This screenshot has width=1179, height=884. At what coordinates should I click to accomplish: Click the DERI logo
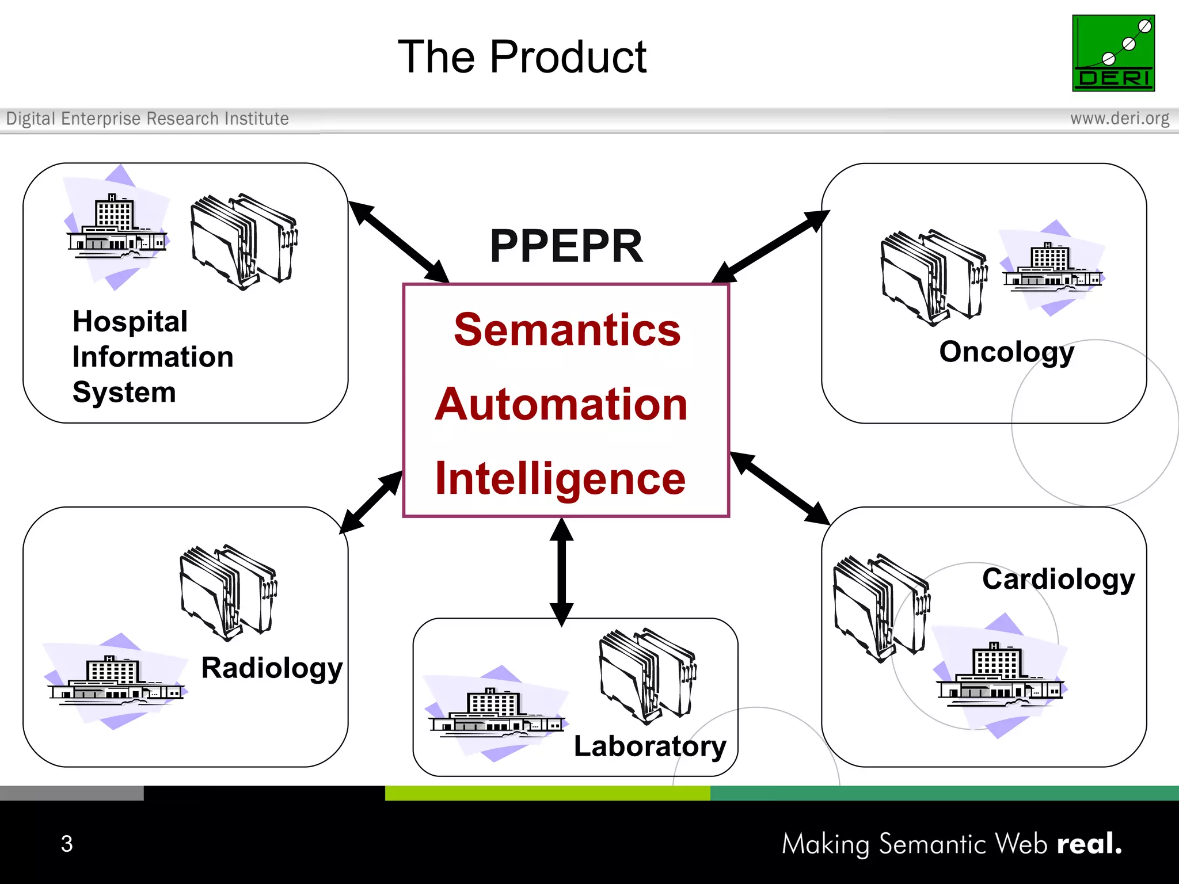point(1113,53)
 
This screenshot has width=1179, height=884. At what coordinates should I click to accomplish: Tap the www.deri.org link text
point(1119,119)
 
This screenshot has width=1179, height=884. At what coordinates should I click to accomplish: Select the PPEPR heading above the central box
point(566,246)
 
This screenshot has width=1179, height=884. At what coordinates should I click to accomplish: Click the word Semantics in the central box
point(567,330)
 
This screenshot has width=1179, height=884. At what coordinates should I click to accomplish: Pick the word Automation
point(561,404)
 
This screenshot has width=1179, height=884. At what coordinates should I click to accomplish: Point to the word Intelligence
point(560,479)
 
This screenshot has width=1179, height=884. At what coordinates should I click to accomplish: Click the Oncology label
point(1006,352)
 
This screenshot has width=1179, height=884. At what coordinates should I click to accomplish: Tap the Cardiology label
point(1058,579)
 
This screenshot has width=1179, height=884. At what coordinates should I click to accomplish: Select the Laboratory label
point(649,746)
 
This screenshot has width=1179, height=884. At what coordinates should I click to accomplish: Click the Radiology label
point(272,668)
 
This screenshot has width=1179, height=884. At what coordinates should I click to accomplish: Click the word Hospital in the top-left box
point(130,322)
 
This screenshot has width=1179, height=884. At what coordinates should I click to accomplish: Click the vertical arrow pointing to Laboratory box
point(561,572)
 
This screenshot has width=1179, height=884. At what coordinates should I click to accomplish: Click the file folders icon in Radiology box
point(229,592)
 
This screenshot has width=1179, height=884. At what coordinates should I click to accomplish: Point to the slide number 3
point(67,844)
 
